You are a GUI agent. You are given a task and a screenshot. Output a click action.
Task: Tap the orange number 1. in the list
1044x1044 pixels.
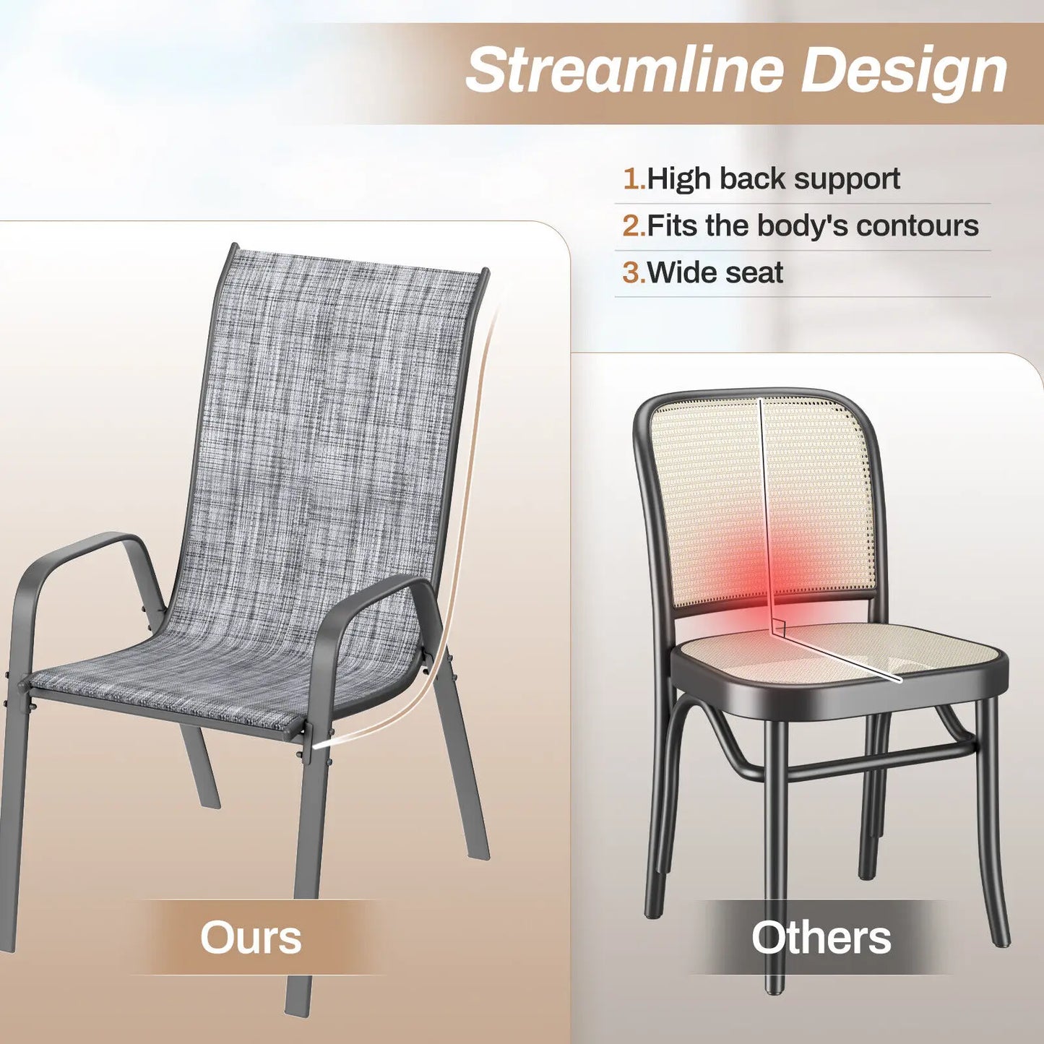[x=634, y=178]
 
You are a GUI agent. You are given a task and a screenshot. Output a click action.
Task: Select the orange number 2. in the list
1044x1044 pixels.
[x=634, y=225]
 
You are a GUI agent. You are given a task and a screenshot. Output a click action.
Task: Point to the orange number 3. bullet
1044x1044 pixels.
[x=634, y=272]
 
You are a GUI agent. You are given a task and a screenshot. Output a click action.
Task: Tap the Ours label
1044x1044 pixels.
[x=251, y=938]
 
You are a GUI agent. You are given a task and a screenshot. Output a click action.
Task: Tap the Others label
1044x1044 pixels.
[x=821, y=938]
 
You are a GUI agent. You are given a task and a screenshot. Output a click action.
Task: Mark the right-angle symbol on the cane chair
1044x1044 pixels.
[x=779, y=627]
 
